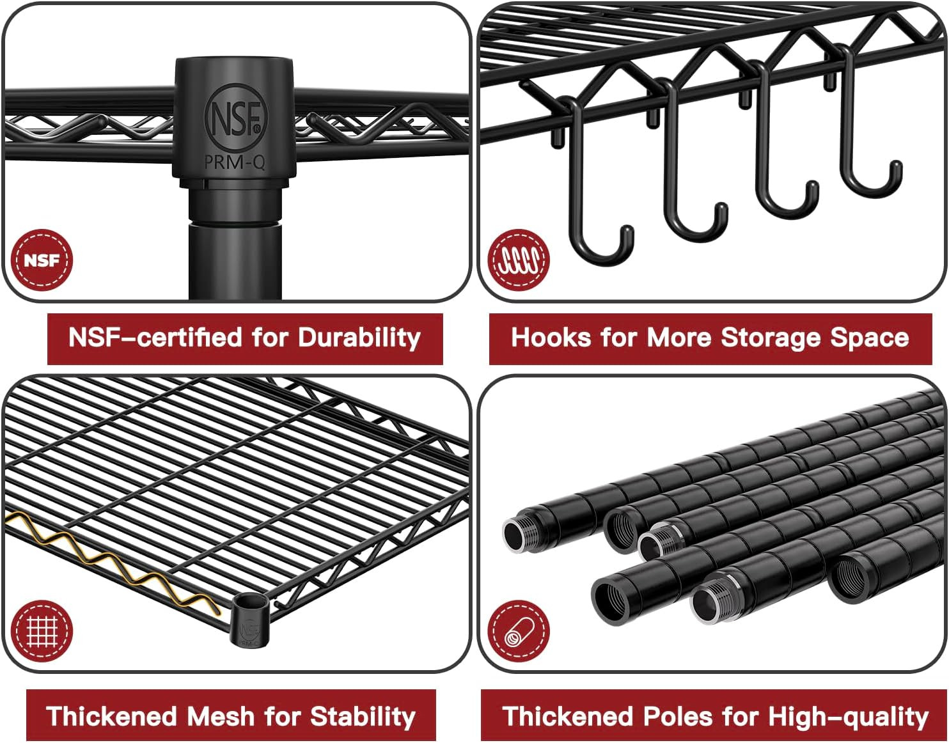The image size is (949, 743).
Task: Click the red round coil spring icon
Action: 519,260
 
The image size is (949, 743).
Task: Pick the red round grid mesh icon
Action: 42,632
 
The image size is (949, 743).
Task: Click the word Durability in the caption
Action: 359,338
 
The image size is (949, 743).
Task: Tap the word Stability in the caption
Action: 363,716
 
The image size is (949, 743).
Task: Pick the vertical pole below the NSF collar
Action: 235,262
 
